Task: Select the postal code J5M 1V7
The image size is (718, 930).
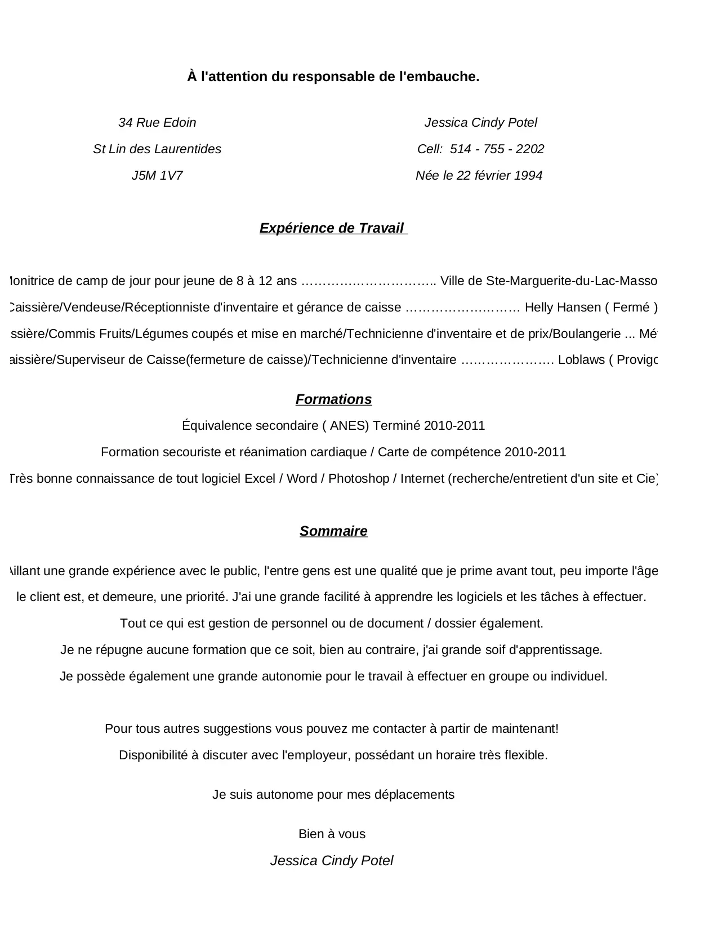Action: point(157,176)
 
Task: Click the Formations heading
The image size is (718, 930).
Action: point(333,399)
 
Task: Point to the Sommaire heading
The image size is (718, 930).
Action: point(333,531)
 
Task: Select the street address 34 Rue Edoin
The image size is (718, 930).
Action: point(157,123)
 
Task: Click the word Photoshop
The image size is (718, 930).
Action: point(359,479)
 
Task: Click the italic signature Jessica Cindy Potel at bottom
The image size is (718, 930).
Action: point(332,861)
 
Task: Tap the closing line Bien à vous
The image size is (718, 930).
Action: point(332,834)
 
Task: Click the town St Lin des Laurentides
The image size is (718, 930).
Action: point(157,149)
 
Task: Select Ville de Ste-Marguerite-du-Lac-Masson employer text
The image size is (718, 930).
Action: point(548,281)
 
